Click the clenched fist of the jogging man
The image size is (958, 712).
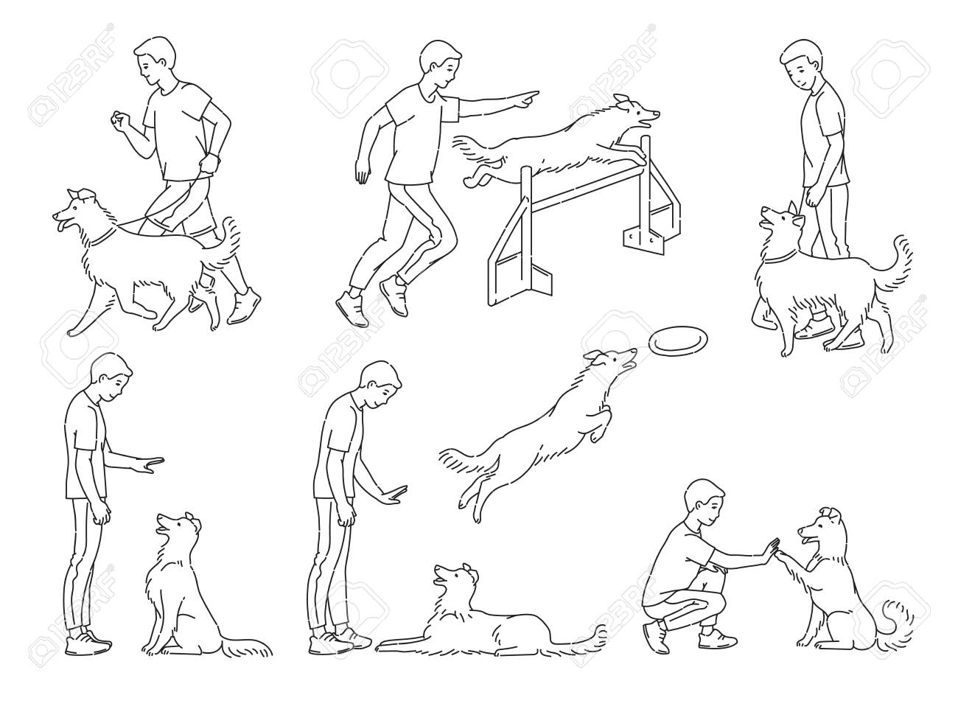click(x=119, y=120)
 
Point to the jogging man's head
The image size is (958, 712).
click(x=155, y=60)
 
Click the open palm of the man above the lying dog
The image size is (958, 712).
click(x=392, y=495)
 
